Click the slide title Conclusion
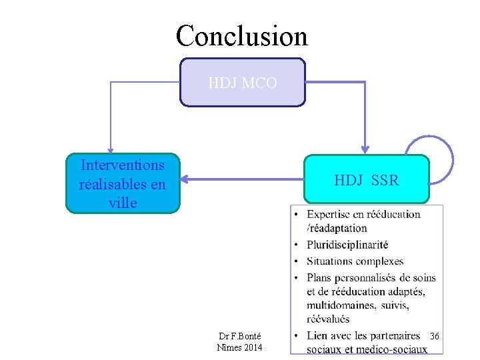pos(241,35)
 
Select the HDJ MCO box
pos(242,83)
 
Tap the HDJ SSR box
pos(366,180)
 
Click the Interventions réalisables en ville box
pos(123,183)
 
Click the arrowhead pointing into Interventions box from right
pos(187,179)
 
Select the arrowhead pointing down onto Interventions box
pos(111,150)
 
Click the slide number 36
pos(435,336)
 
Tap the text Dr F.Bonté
pos(240,336)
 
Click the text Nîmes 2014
pos(240,347)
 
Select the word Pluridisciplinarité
pos(347,245)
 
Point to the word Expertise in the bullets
pos(331,214)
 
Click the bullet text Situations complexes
pos(355,261)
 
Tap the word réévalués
pos(329,319)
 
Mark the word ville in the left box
pos(123,203)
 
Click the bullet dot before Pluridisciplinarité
pos(296,245)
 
